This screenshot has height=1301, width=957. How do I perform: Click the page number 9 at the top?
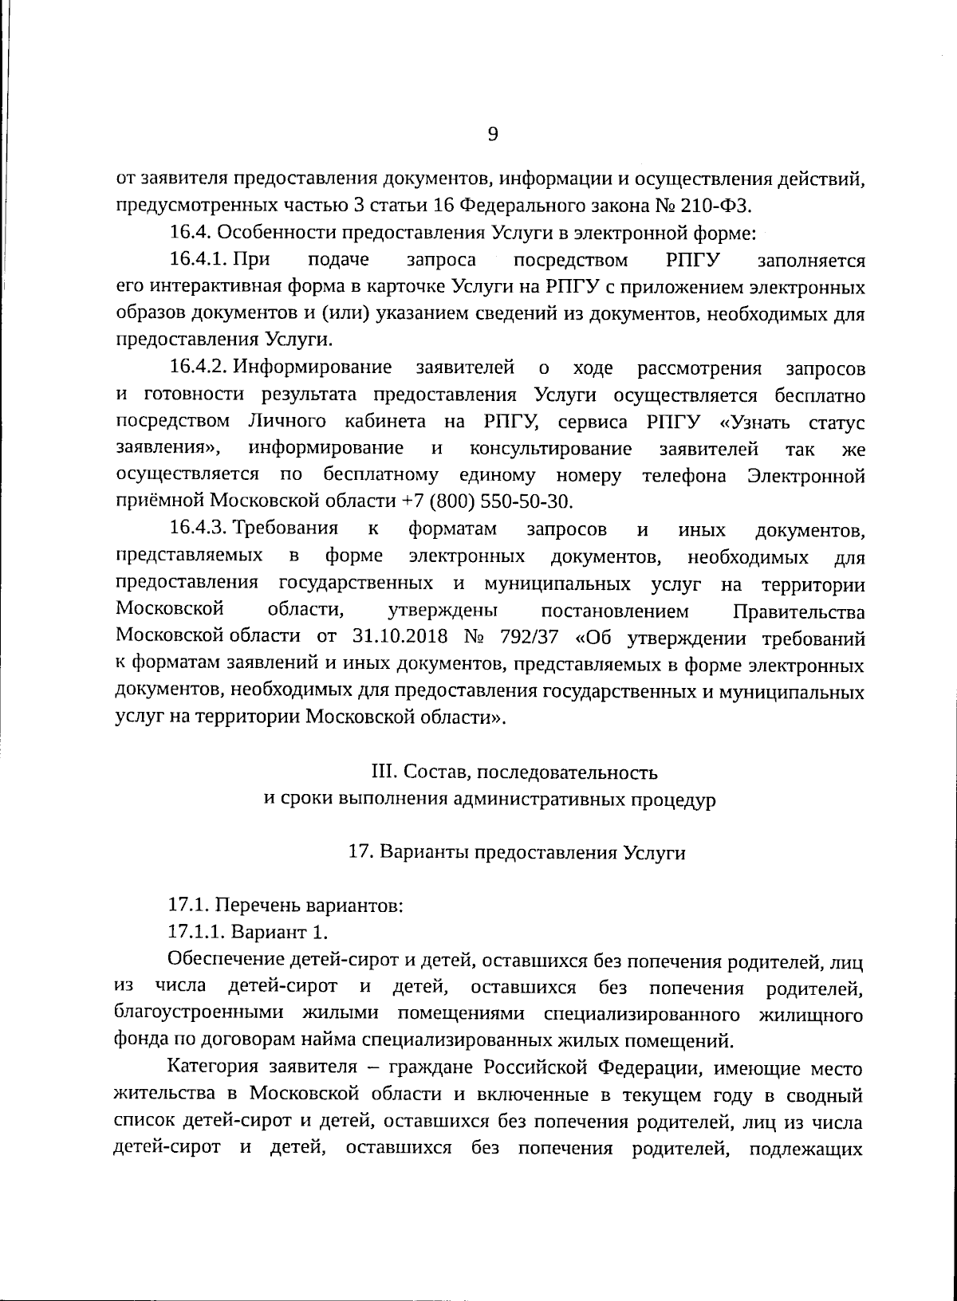click(492, 134)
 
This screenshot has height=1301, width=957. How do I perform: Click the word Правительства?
click(797, 611)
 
